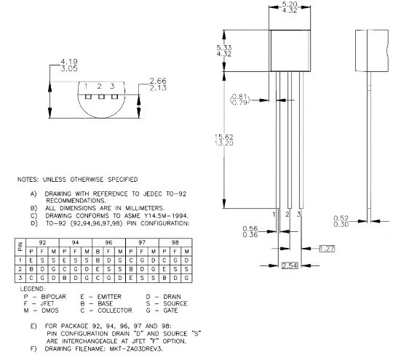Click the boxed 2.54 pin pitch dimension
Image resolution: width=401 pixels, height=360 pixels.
[x=290, y=265]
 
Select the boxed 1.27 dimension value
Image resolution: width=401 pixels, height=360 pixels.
[x=327, y=249]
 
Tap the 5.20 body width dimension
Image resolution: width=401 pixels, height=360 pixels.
[x=290, y=4]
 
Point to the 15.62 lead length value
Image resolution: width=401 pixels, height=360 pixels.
[x=223, y=137]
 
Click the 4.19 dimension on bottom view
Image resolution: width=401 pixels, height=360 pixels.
[x=69, y=62]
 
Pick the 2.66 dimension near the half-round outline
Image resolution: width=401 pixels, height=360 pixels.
[x=158, y=81]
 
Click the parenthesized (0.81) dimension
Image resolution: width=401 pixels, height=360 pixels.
[x=240, y=97]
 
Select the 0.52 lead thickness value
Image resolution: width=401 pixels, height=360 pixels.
[x=341, y=218]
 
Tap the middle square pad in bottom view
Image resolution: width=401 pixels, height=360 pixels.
[x=102, y=97]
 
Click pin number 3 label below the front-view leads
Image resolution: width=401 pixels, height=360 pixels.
[x=298, y=214]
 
